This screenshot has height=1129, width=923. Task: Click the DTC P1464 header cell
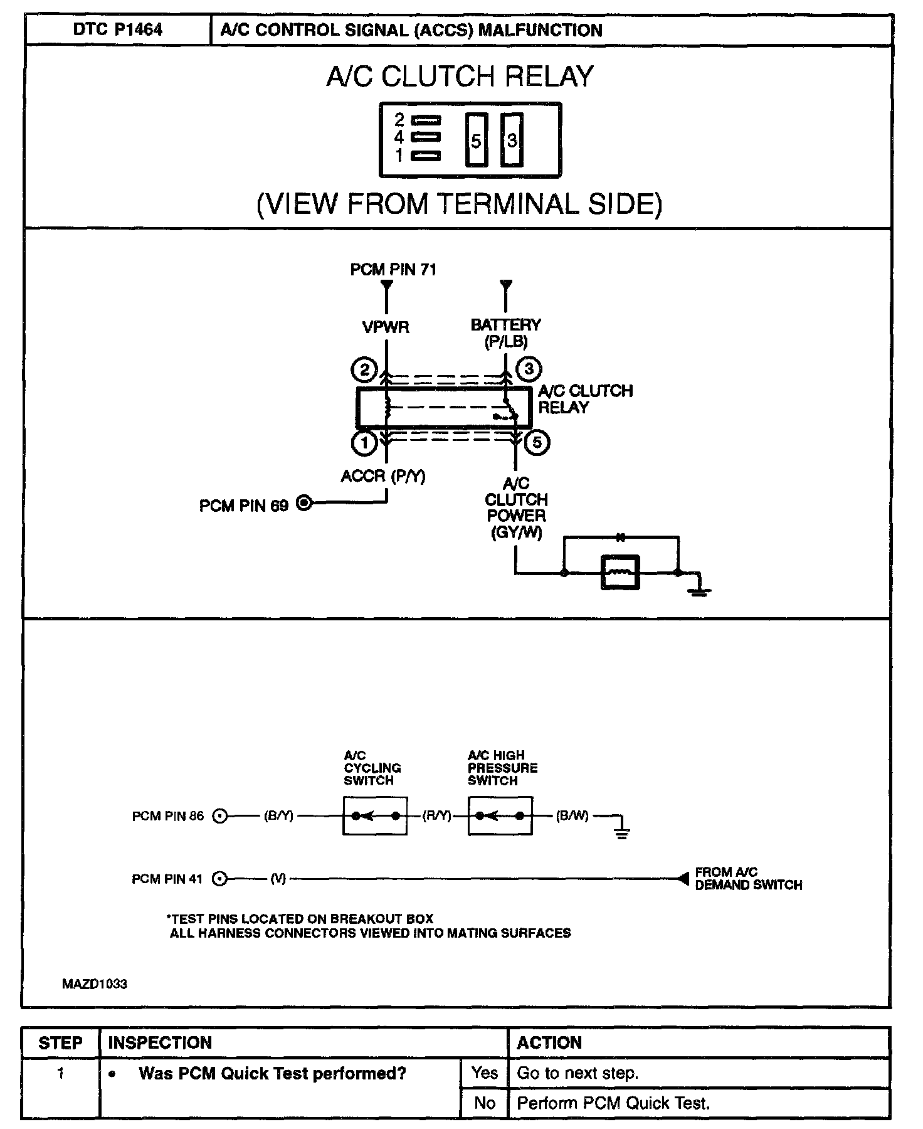117,30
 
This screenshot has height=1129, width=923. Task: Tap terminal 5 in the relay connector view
476,140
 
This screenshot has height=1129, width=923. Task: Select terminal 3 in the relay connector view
512,140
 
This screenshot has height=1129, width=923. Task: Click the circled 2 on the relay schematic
364,369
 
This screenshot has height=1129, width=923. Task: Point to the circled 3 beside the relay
528,369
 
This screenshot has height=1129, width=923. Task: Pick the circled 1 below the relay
364,443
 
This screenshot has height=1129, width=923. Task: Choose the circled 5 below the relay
537,443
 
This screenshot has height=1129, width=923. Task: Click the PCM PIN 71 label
393,270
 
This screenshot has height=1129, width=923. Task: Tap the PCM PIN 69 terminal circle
303,503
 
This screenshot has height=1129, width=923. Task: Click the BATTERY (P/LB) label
505,333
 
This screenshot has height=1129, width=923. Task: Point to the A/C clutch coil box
620,573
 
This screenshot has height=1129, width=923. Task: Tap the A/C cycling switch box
375,816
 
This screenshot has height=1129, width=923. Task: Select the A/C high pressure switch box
500,816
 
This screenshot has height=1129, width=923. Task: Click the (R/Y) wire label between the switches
437,816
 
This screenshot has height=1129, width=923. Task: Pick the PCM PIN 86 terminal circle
219,817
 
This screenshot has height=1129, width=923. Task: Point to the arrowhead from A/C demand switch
683,879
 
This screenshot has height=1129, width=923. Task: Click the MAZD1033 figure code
94,984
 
